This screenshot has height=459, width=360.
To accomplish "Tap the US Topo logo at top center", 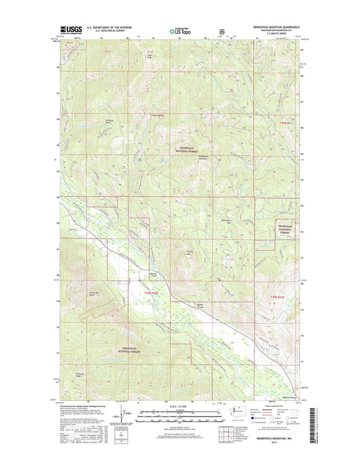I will coord(178,30).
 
